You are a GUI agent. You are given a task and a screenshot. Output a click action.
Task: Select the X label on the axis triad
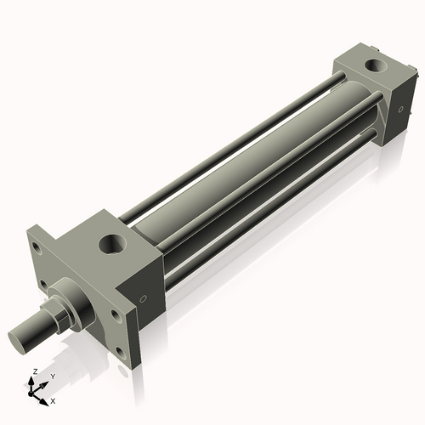pyautogui.click(x=53, y=399)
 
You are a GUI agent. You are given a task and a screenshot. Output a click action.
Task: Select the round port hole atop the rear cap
pyautogui.click(x=372, y=65)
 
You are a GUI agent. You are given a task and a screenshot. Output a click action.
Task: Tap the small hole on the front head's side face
pyautogui.click(x=143, y=298)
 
